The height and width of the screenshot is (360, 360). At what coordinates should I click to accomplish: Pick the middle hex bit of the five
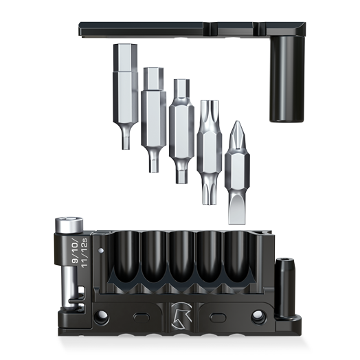click(x=181, y=127)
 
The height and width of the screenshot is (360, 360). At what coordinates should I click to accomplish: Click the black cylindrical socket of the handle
click(x=282, y=79)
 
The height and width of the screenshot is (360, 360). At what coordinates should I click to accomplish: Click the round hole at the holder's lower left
click(x=102, y=317)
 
